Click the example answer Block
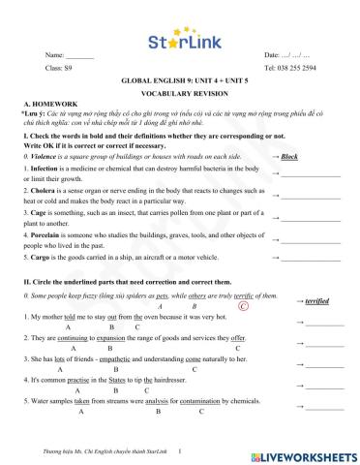click(289, 155)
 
